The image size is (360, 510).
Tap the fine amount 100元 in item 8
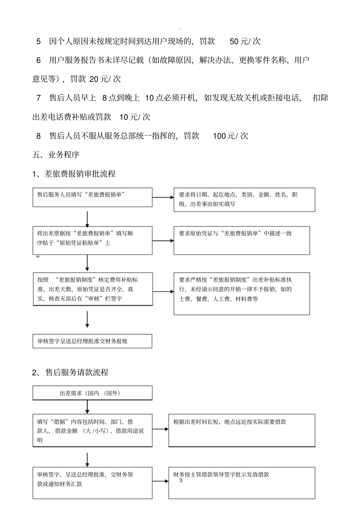pyautogui.click(x=224, y=136)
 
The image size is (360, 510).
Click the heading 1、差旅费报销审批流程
pyautogui.click(x=74, y=174)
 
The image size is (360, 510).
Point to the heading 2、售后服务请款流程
pyautogui.click(x=70, y=372)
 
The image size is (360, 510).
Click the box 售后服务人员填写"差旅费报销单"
pyautogui.click(x=92, y=197)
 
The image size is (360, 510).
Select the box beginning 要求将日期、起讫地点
pyautogui.click(x=244, y=199)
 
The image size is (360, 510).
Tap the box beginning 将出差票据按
pyautogui.click(x=92, y=240)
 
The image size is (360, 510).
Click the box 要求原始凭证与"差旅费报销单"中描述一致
pyautogui.click(x=241, y=240)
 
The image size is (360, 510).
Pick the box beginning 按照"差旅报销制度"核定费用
pyautogui.click(x=92, y=289)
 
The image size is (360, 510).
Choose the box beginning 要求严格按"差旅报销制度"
pyautogui.click(x=241, y=293)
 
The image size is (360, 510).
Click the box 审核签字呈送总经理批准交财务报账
pyautogui.click(x=92, y=341)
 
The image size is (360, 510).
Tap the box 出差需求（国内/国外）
pyautogui.click(x=92, y=393)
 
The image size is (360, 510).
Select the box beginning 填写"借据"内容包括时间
pyautogui.click(x=92, y=430)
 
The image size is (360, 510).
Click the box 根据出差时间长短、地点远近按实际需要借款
pyautogui.click(x=241, y=430)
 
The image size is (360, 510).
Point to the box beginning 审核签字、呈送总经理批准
pyautogui.click(x=92, y=483)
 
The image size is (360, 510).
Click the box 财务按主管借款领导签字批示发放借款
pyautogui.click(x=241, y=483)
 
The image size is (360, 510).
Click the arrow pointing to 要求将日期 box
pyautogui.click(x=163, y=197)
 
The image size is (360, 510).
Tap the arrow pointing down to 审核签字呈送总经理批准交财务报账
pyautogui.click(x=87, y=319)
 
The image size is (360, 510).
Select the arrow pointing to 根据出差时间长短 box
pyautogui.click(x=161, y=429)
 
